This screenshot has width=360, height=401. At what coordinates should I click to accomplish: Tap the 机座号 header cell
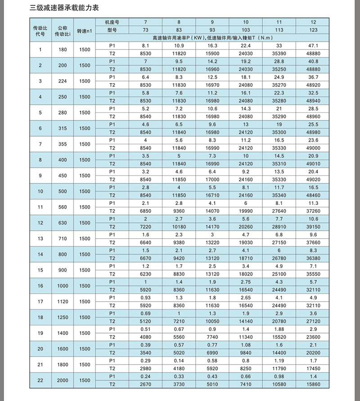(112, 22)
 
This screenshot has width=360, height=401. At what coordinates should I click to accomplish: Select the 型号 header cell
(112, 30)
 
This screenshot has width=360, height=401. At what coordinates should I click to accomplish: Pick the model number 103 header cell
(246, 30)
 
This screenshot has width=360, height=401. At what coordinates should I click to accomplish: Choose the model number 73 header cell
(145, 30)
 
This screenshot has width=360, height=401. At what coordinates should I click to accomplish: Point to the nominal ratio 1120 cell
(63, 301)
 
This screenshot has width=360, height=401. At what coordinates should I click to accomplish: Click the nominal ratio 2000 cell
(63, 380)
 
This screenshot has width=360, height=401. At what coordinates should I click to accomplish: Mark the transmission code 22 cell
(40, 380)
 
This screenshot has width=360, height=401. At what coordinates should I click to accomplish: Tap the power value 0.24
(145, 376)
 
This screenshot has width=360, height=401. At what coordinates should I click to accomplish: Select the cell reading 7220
(145, 227)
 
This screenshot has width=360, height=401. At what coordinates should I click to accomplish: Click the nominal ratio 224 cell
(63, 81)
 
